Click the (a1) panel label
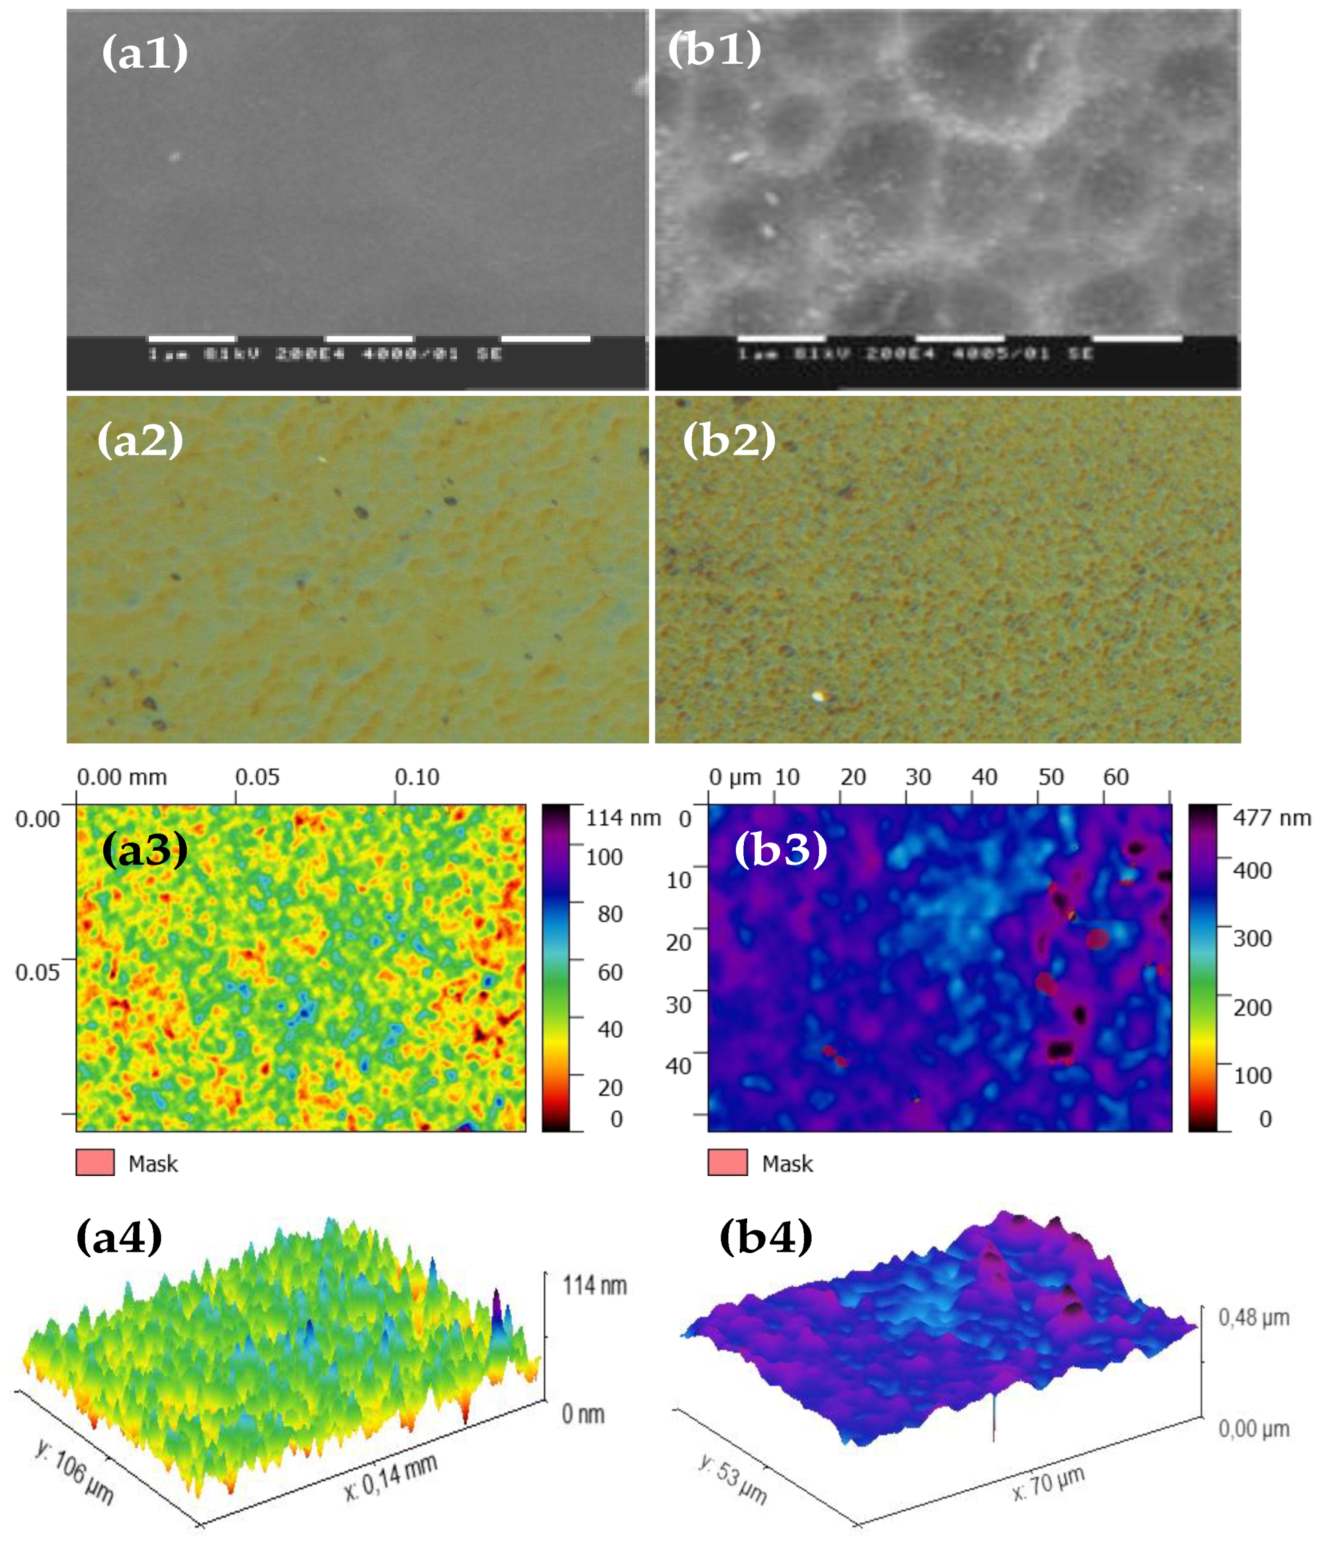[x=145, y=53]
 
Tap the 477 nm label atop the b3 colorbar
[x=1272, y=818]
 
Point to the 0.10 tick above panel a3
[x=417, y=777]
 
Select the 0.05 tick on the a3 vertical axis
[x=38, y=973]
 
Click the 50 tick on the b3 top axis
[x=1050, y=777]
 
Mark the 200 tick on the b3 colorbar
[x=1252, y=1007]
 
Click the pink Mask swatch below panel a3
[x=95, y=1163]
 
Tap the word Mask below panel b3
[x=787, y=1164]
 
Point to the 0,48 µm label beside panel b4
[x=1253, y=1318]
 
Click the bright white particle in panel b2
[x=818, y=696]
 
